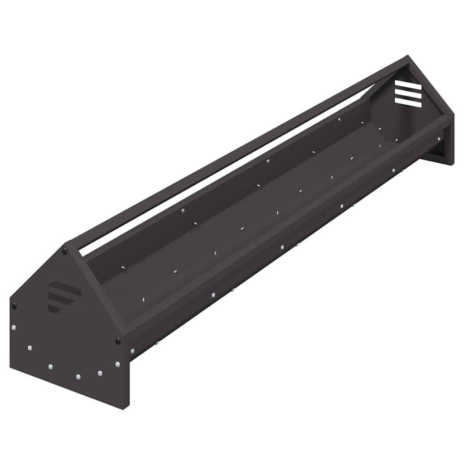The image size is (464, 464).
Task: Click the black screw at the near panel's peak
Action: [x=65, y=250]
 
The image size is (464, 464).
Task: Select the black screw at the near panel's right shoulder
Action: [x=119, y=340]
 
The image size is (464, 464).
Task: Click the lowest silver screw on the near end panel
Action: [x=78, y=377]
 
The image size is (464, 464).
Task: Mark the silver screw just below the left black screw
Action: [x=13, y=327]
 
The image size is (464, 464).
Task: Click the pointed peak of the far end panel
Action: [x=407, y=58]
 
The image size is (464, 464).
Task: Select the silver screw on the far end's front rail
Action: [x=439, y=139]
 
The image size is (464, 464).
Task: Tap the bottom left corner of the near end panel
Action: [x=11, y=367]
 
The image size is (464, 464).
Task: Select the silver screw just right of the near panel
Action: [x=132, y=350]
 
